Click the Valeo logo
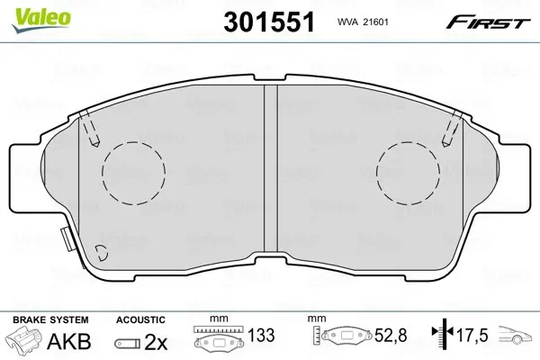[41, 20]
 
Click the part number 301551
[269, 22]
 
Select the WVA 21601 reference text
[363, 22]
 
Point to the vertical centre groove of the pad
[271, 168]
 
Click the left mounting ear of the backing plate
[26, 177]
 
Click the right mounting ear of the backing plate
[514, 177]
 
